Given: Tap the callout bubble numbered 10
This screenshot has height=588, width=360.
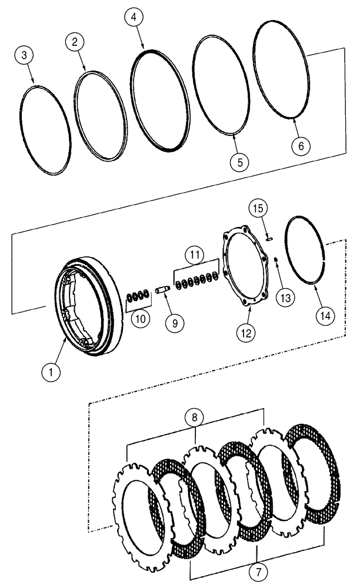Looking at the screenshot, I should pos(139,319).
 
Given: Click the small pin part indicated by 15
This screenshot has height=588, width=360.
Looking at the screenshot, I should pos(269,239).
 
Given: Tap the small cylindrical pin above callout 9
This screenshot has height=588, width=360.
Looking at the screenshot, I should pos(162,289).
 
